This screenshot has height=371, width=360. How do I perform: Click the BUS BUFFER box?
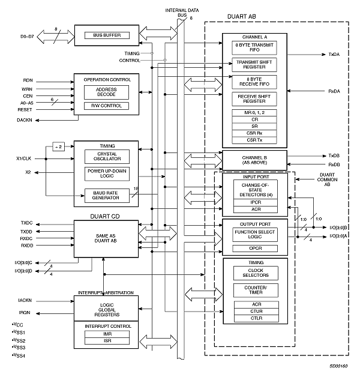tap(107, 35)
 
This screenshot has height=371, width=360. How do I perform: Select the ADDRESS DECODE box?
tap(107, 92)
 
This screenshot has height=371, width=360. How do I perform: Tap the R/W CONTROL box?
tap(107, 106)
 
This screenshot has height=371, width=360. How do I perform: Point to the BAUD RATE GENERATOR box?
tap(107, 195)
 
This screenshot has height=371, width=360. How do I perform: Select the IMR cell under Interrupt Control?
tap(107, 334)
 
